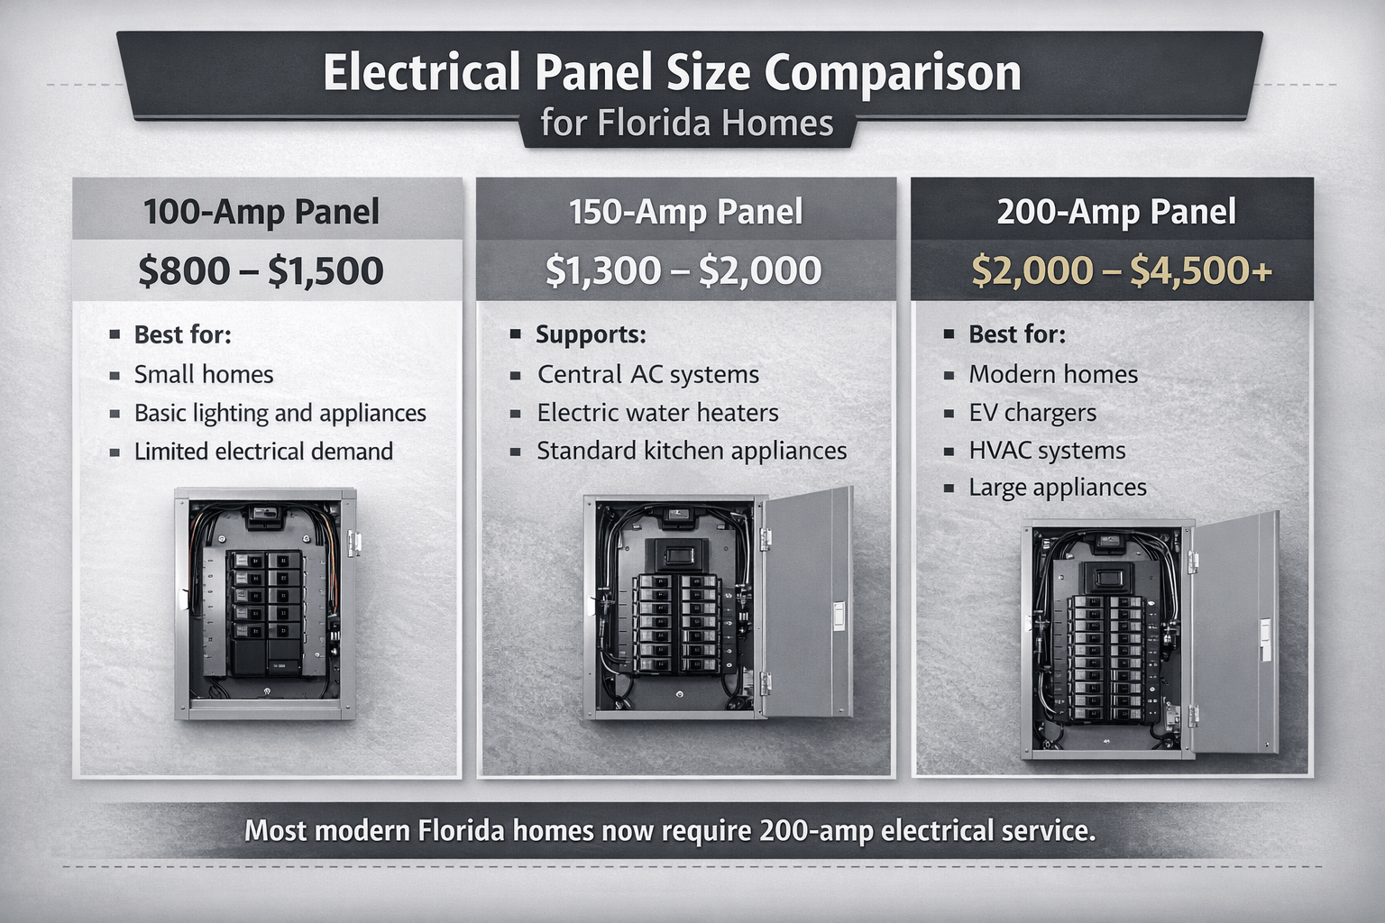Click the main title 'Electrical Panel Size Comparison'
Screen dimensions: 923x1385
pyautogui.click(x=672, y=73)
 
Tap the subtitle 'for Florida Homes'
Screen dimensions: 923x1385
pyautogui.click(x=687, y=123)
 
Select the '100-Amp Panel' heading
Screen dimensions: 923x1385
pyautogui.click(x=261, y=213)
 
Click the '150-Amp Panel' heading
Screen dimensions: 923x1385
pyautogui.click(x=685, y=213)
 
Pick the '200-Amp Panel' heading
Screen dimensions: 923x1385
pyautogui.click(x=1116, y=213)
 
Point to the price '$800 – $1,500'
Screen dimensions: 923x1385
pyautogui.click(x=261, y=271)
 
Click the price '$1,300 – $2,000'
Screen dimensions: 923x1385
pyautogui.click(x=683, y=271)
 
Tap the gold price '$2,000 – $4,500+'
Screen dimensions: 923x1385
pyautogui.click(x=1122, y=271)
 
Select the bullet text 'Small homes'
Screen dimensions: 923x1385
pyautogui.click(x=204, y=375)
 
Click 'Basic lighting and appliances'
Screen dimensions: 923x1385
pyautogui.click(x=280, y=414)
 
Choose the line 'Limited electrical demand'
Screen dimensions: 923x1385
pyautogui.click(x=263, y=452)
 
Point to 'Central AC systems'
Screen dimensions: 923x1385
pyautogui.click(x=648, y=375)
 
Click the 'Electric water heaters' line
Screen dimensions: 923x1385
pyautogui.click(x=657, y=413)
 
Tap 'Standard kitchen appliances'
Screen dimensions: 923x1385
pyautogui.click(x=692, y=451)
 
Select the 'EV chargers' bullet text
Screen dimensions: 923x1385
pyautogui.click(x=1032, y=413)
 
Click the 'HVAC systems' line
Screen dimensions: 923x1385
pyautogui.click(x=1047, y=451)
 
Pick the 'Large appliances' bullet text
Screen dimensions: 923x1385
pyautogui.click(x=1058, y=488)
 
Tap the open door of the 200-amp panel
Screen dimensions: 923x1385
pyautogui.click(x=1235, y=635)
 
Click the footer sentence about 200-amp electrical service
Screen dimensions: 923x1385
pyautogui.click(x=670, y=830)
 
